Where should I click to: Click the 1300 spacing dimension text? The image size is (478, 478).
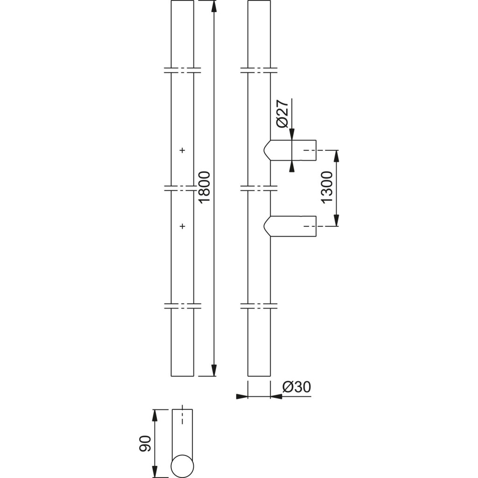pyautogui.click(x=327, y=187)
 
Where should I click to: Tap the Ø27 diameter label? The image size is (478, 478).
pyautogui.click(x=282, y=113)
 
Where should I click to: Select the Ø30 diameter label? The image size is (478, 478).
pyautogui.click(x=297, y=387)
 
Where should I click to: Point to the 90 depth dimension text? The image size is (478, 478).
pyautogui.click(x=145, y=443)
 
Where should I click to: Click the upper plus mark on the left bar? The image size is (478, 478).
pyautogui.click(x=183, y=150)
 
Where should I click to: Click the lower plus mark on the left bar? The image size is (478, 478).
pyautogui.click(x=183, y=226)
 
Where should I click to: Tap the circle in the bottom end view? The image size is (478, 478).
pyautogui.click(x=183, y=466)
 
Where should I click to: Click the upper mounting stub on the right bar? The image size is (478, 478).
pyautogui.click(x=289, y=150)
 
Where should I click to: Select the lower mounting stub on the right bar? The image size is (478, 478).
pyautogui.click(x=289, y=226)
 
